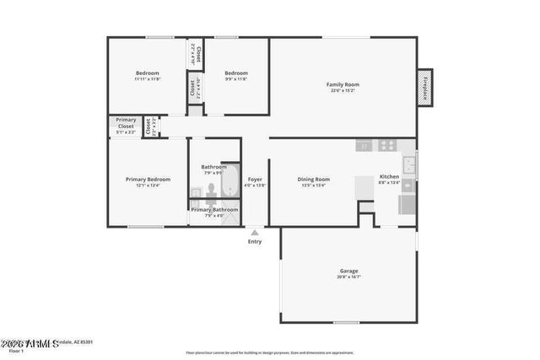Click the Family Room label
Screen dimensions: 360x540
coord(343,84)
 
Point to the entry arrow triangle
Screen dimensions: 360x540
coord(255,231)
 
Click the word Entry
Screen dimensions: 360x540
coord(255,242)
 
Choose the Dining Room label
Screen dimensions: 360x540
coord(314,179)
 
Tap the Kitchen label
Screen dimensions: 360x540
coord(389,176)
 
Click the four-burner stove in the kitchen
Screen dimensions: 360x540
coord(387,145)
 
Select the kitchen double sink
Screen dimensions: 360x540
coord(408,164)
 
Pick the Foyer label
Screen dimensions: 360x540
coord(255,179)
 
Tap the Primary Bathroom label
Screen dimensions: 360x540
coord(214,209)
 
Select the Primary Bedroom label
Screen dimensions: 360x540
coord(148,179)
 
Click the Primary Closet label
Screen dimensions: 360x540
coord(126,123)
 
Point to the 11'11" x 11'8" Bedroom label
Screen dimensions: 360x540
coord(148,73)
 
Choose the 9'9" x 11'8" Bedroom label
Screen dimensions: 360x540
coord(236,73)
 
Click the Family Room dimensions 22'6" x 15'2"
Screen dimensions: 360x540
coord(343,91)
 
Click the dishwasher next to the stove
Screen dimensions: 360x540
coord(364,145)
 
